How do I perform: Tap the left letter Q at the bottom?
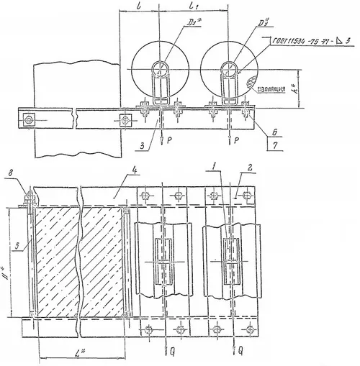[x=168, y=354]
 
